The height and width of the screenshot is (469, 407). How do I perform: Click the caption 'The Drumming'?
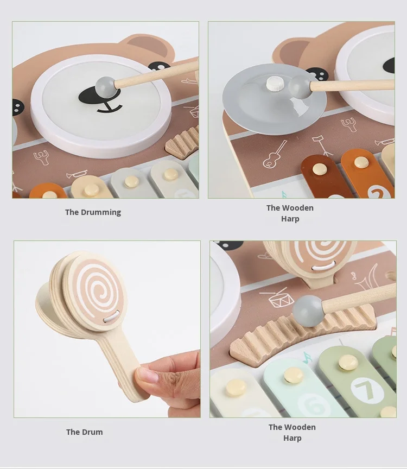click(93, 212)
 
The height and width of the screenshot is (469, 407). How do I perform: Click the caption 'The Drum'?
click(84, 432)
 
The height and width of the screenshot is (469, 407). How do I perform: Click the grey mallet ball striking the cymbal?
click(300, 86)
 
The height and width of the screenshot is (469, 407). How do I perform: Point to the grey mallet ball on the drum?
click(105, 86)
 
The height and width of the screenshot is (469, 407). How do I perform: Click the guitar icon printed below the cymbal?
click(274, 155)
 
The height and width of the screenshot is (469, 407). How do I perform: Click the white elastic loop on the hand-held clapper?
click(111, 316)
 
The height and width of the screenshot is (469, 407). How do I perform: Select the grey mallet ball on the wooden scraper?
click(308, 311)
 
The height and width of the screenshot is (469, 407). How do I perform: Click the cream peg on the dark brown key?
click(320, 169)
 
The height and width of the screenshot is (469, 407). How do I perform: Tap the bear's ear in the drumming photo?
click(148, 46)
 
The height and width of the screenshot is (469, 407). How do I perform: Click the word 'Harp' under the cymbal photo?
click(290, 219)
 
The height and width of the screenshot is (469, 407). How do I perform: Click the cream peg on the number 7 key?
click(348, 363)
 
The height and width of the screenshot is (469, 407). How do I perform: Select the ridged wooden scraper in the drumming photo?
click(183, 141)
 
